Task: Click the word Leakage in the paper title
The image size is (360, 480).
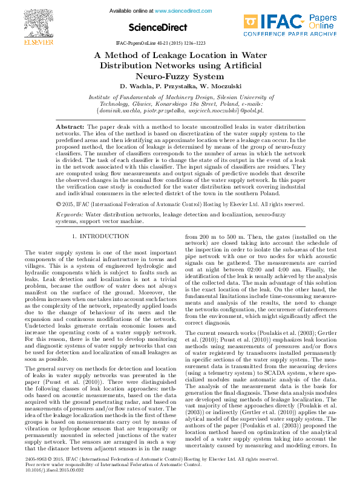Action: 178,55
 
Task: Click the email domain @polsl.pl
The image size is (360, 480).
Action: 247,111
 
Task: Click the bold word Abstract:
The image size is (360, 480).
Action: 70,128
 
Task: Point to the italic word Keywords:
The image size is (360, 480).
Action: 70,214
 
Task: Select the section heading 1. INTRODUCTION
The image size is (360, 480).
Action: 100,236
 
